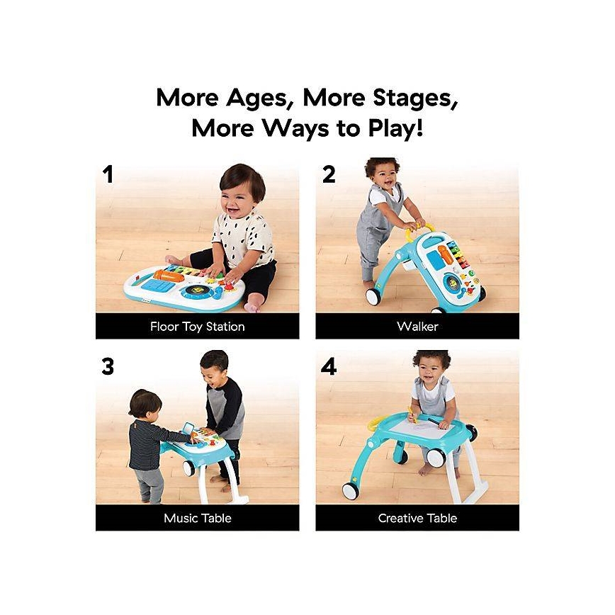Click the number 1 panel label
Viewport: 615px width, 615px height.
coord(108,174)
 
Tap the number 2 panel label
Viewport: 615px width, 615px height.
coord(329,174)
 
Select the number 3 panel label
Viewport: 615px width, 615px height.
coord(108,366)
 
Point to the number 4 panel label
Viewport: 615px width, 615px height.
coord(329,366)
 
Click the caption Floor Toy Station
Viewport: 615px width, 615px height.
coord(197,327)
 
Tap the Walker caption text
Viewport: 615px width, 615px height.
coord(417,327)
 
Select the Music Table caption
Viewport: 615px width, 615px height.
coord(197,518)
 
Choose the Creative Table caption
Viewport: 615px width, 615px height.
coord(417,518)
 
